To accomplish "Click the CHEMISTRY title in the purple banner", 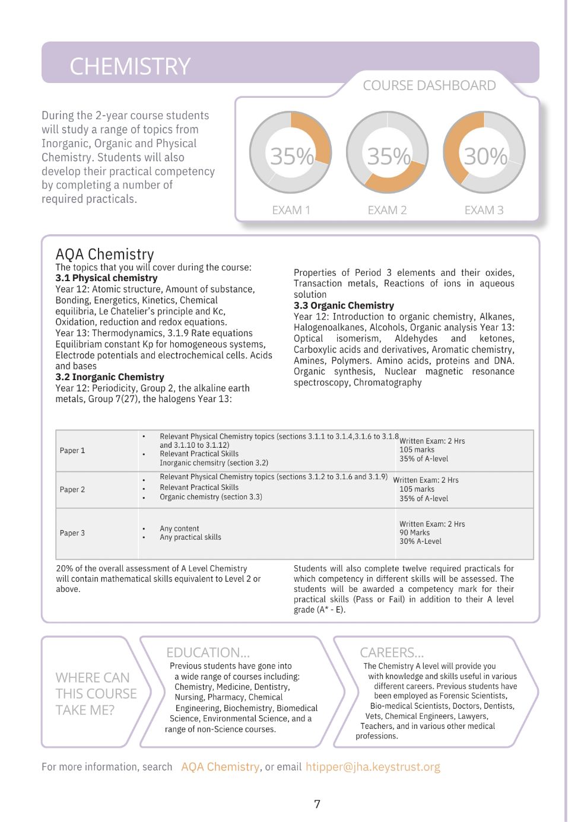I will [x=130, y=66].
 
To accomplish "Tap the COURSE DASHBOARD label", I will [x=429, y=85].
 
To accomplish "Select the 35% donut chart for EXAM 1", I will [x=291, y=153].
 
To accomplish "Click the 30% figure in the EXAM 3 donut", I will [x=485, y=157].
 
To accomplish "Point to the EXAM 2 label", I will [x=387, y=210].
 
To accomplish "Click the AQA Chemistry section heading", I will [x=104, y=254].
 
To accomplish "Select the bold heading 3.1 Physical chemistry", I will [x=106, y=278].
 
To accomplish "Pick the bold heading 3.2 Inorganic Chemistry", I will [x=110, y=377].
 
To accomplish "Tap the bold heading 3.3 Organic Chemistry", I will [x=344, y=305].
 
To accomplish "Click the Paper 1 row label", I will [x=72, y=451].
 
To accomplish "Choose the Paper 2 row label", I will [x=72, y=490].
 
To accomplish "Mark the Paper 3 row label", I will [x=72, y=533].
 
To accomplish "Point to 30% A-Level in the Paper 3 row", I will [x=420, y=541].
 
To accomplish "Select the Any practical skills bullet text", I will [x=190, y=537].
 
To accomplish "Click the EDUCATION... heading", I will [x=208, y=652].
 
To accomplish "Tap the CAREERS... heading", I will [x=392, y=652].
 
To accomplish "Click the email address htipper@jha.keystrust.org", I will [x=373, y=767].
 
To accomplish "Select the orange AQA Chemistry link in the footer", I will [x=220, y=767].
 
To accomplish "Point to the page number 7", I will [x=317, y=804].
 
